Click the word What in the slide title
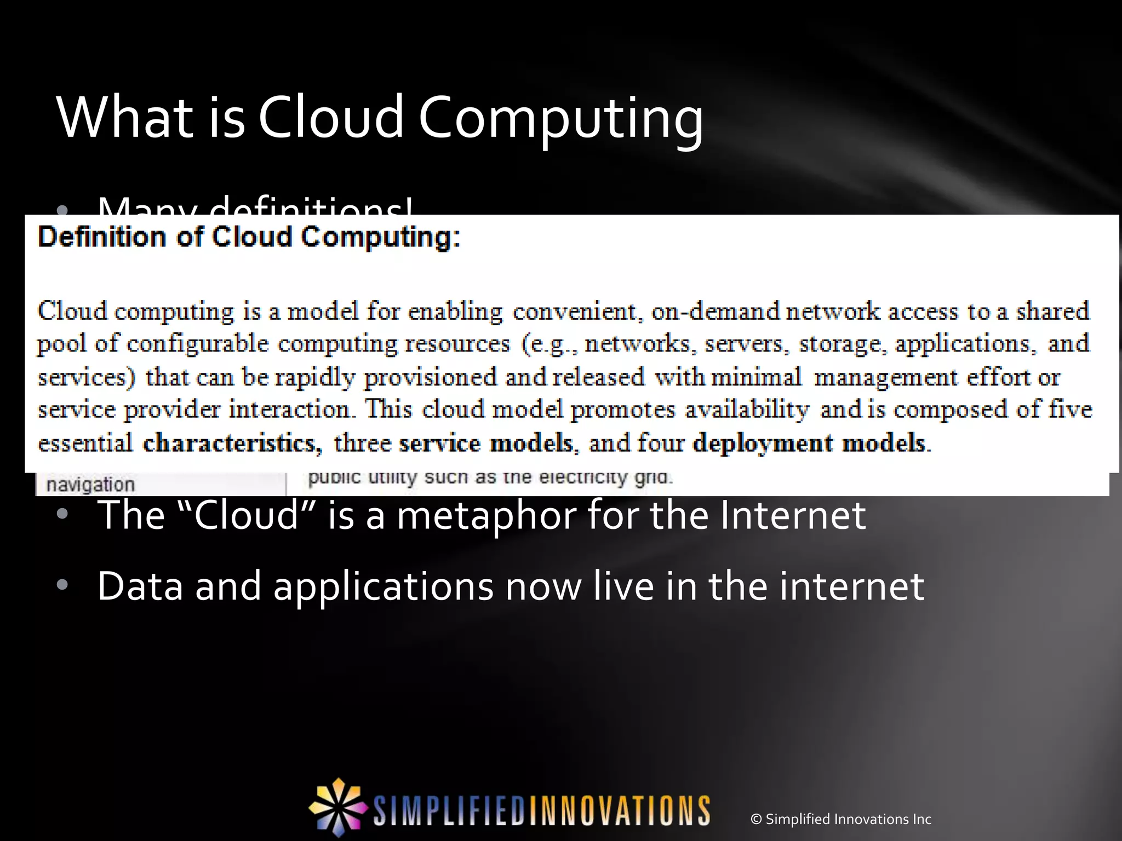coord(124,117)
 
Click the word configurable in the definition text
coord(198,344)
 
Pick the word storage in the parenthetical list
coord(841,344)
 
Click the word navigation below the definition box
coord(90,485)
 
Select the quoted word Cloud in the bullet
coord(247,515)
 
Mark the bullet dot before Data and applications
coord(62,585)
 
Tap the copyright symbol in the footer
coord(757,819)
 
